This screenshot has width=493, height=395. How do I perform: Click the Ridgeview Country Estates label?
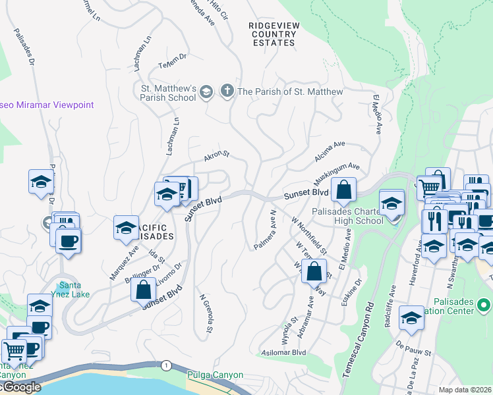click(272, 34)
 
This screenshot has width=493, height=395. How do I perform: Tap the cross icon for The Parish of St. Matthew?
click(228, 91)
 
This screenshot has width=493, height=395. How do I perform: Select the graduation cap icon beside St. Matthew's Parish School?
click(206, 91)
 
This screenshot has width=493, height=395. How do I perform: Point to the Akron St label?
click(216, 155)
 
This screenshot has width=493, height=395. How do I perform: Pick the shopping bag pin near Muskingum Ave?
click(343, 190)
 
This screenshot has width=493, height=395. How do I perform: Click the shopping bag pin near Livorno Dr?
click(143, 288)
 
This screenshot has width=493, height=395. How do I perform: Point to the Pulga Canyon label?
click(216, 375)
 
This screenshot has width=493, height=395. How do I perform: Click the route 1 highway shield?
click(167, 365)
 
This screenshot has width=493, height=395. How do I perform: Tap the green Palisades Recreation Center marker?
click(484, 305)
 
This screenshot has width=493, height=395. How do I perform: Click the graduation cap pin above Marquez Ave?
click(126, 227)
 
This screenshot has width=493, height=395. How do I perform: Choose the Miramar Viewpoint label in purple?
click(47, 105)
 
